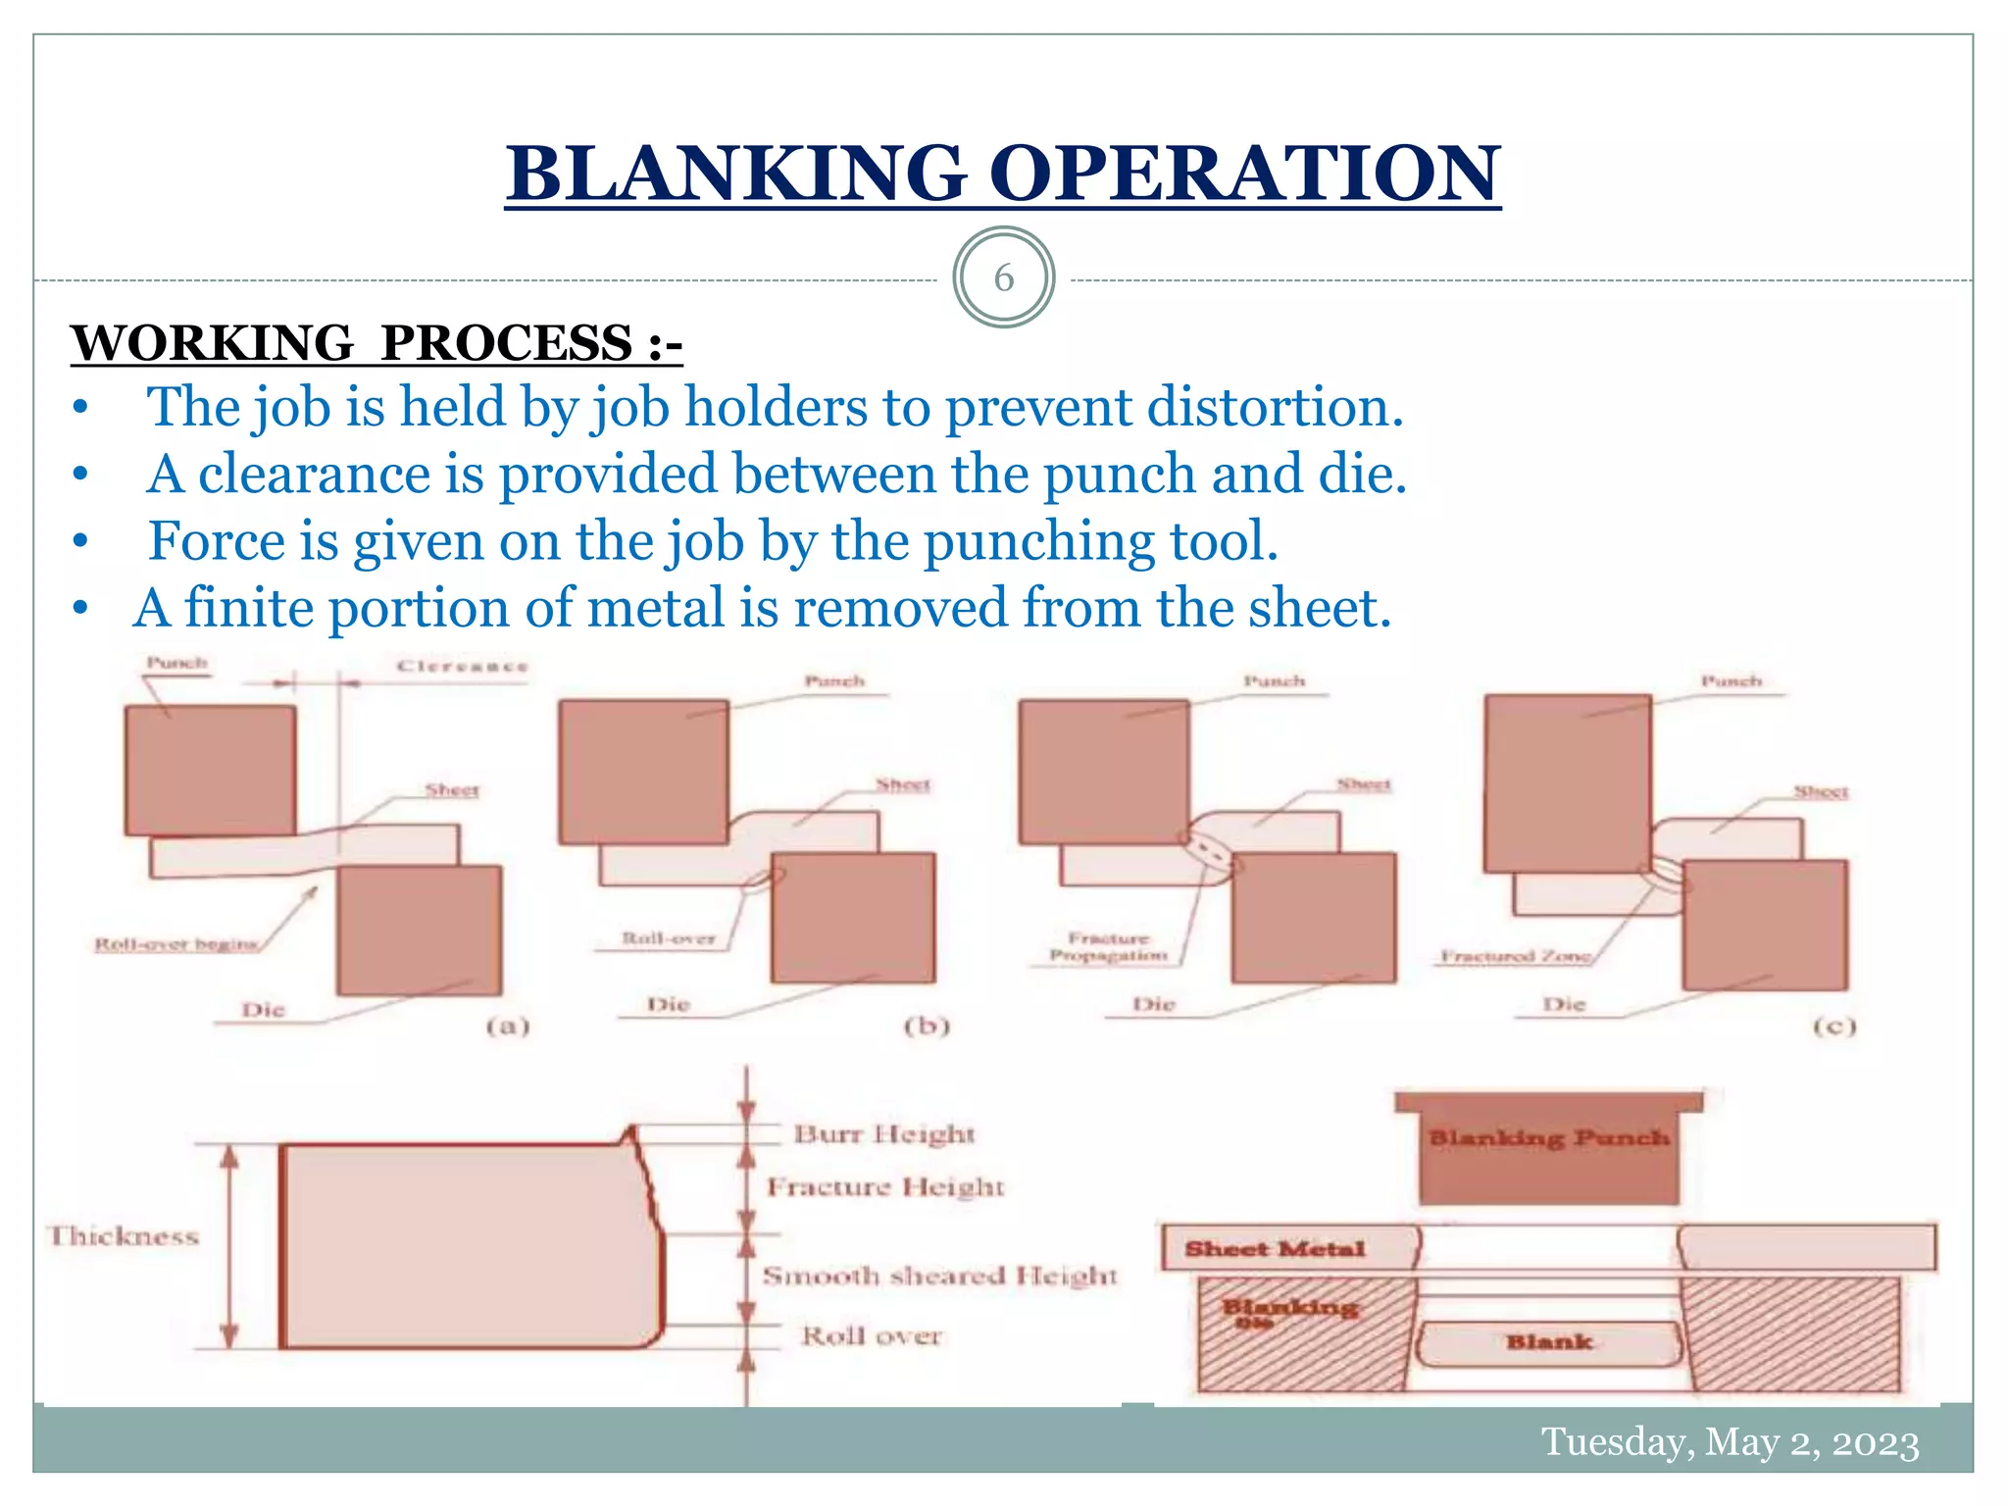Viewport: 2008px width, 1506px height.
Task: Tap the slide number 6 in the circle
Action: [x=1003, y=278]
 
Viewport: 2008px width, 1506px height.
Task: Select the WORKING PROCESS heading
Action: [x=376, y=344]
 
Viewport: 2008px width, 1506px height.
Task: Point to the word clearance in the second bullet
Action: [x=314, y=475]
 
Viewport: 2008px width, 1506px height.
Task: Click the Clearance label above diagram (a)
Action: [x=462, y=667]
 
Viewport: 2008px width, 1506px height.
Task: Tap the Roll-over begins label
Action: [x=176, y=944]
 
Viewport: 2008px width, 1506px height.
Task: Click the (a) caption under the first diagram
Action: [x=508, y=1027]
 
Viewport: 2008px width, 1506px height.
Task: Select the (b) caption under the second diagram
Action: [x=927, y=1027]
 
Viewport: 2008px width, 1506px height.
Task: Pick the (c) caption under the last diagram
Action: [x=1833, y=1027]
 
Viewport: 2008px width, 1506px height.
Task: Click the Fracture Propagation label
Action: [x=1109, y=947]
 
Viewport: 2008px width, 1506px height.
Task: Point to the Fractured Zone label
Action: [x=1515, y=956]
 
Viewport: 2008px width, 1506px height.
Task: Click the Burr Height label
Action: [x=884, y=1134]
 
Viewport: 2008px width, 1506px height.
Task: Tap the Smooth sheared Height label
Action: [x=939, y=1276]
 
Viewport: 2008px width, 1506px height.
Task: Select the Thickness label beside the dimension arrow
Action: [x=125, y=1236]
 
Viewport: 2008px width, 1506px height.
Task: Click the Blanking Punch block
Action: [x=1548, y=1152]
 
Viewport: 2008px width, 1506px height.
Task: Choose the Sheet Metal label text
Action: [x=1275, y=1249]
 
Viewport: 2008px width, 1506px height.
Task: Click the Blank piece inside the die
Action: [x=1549, y=1342]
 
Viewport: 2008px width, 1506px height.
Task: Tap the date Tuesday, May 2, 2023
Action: [x=1731, y=1442]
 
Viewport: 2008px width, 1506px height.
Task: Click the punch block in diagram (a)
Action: [x=210, y=771]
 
